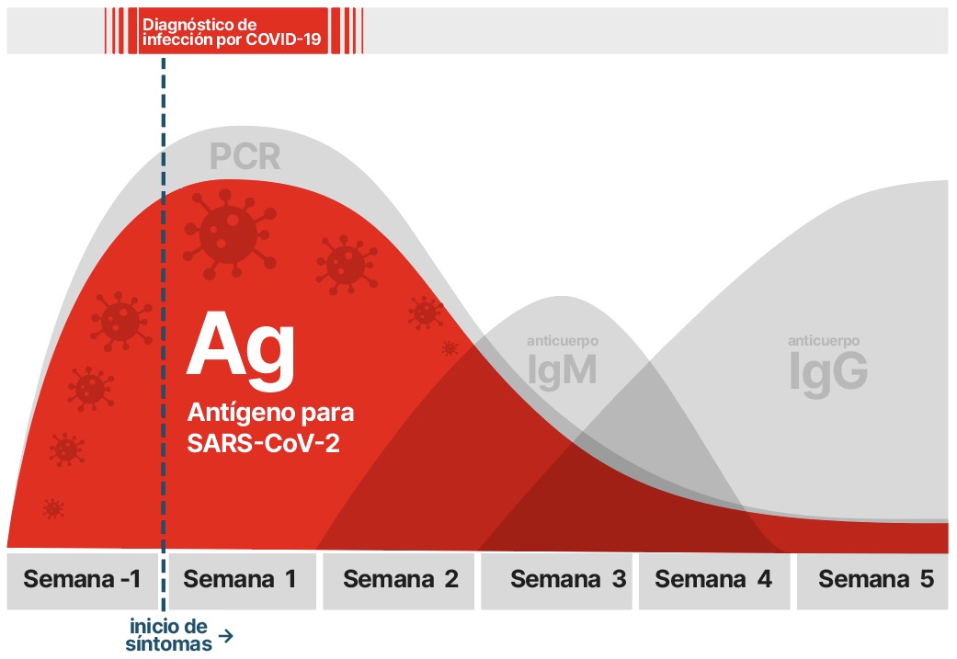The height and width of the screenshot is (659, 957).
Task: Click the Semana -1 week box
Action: (x=83, y=581)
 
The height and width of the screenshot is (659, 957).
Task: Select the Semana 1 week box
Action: (x=243, y=581)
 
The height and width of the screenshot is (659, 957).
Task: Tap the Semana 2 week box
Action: (x=399, y=581)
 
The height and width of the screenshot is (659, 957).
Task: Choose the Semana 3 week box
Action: (x=556, y=581)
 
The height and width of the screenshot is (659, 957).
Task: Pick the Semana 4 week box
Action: (x=714, y=581)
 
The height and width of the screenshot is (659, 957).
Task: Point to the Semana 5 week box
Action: (x=872, y=581)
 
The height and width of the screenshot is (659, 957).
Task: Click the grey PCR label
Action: (x=245, y=157)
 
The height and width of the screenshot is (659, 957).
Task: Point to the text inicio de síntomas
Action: (x=169, y=635)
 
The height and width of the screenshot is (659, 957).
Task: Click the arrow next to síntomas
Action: (x=226, y=636)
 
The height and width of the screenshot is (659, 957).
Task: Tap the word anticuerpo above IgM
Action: (x=563, y=341)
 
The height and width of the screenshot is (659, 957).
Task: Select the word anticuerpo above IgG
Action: (x=824, y=341)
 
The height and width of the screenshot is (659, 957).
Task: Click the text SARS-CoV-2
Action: (x=263, y=444)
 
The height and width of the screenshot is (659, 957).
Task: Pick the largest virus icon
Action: (x=230, y=233)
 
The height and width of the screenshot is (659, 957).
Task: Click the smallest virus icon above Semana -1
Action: (x=53, y=508)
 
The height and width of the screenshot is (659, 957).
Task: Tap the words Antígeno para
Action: (x=270, y=413)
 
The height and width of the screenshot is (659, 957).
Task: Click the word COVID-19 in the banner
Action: (x=284, y=40)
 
